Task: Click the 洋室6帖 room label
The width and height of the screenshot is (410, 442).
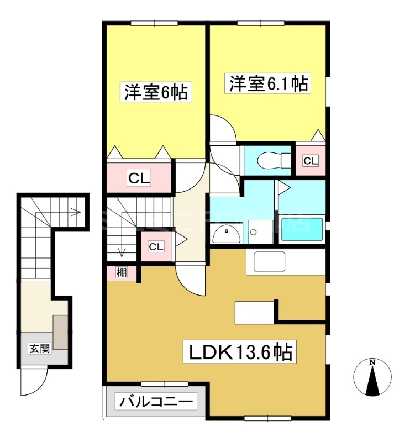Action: [155, 92]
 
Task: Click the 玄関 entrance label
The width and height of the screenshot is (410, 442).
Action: [39, 348]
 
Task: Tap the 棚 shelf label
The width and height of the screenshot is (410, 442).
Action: [121, 272]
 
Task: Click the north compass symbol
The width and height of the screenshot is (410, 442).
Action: [372, 378]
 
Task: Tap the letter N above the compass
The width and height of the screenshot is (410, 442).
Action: [372, 362]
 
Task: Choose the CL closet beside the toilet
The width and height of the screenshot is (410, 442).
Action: [311, 161]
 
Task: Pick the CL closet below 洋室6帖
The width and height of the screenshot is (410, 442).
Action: [139, 178]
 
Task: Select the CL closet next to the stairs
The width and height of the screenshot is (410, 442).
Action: [156, 246]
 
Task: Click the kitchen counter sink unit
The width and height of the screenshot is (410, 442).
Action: [269, 261]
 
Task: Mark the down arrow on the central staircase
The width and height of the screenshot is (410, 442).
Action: [122, 251]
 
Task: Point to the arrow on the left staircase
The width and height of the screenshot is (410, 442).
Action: [73, 211]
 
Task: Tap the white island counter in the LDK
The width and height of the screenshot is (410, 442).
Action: [254, 313]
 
